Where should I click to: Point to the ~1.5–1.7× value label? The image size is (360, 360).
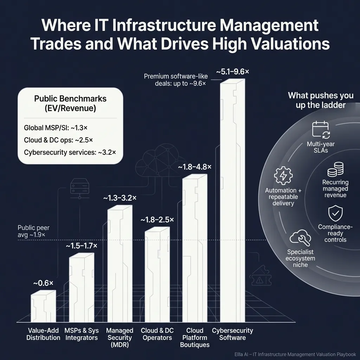click(82, 246)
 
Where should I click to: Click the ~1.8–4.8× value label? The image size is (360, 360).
click(194, 167)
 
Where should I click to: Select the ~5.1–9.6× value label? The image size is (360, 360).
click(232, 72)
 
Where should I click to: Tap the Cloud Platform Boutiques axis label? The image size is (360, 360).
click(195, 337)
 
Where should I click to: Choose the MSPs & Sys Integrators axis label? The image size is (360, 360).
click(81, 334)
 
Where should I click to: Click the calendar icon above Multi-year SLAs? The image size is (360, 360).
click(320, 129)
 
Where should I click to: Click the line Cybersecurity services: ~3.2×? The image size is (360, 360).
click(70, 152)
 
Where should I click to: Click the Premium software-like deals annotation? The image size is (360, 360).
click(176, 80)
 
